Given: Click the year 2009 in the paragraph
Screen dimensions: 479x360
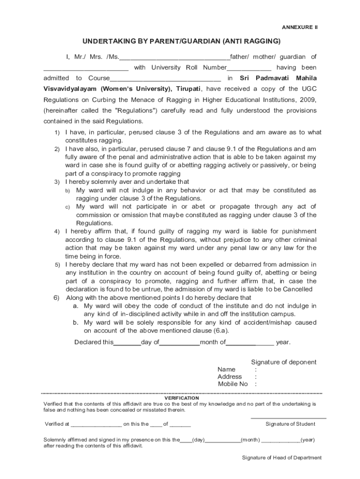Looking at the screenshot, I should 307,100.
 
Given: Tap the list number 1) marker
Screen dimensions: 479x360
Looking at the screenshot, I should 57,132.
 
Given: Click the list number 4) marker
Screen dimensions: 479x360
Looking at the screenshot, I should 57,232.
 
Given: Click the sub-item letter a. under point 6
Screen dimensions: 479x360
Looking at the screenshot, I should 75,306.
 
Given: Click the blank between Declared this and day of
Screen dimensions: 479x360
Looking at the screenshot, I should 127,342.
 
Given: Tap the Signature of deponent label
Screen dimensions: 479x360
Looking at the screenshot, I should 283,362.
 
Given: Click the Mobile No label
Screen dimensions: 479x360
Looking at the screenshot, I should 232,384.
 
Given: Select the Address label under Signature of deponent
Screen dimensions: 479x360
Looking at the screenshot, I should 230,377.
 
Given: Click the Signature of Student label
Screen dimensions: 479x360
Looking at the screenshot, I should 290,424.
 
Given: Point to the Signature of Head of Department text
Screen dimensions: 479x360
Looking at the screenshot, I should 281,457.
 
